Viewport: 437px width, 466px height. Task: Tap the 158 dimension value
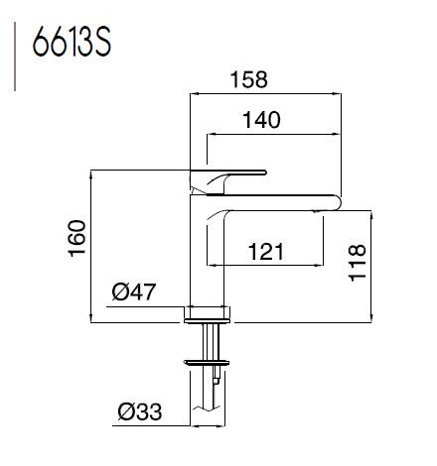tap(252, 77)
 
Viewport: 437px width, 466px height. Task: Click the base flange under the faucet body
tap(210, 315)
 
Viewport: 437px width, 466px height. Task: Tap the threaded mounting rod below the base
tap(210, 342)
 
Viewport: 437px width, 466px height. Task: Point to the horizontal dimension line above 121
tap(268, 266)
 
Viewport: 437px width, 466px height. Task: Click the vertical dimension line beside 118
tap(372, 265)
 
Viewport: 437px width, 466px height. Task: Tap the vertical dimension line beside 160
tap(92, 244)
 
